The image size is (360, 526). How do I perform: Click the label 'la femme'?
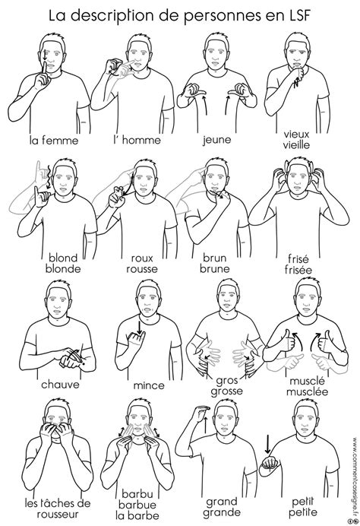(54, 140)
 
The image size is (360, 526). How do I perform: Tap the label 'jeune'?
(216, 139)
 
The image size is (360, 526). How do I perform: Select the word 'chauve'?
(60, 384)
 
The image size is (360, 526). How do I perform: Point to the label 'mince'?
(149, 385)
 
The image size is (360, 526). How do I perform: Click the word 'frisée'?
(298, 270)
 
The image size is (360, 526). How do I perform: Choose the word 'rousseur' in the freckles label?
(58, 514)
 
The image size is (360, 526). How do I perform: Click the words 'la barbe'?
(137, 515)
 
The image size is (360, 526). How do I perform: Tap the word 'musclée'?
(307, 391)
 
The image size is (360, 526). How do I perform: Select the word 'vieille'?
(296, 145)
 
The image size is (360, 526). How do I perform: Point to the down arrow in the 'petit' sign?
(267, 444)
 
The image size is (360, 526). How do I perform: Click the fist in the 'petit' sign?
(270, 464)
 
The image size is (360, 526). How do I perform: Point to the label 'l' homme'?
(137, 140)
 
